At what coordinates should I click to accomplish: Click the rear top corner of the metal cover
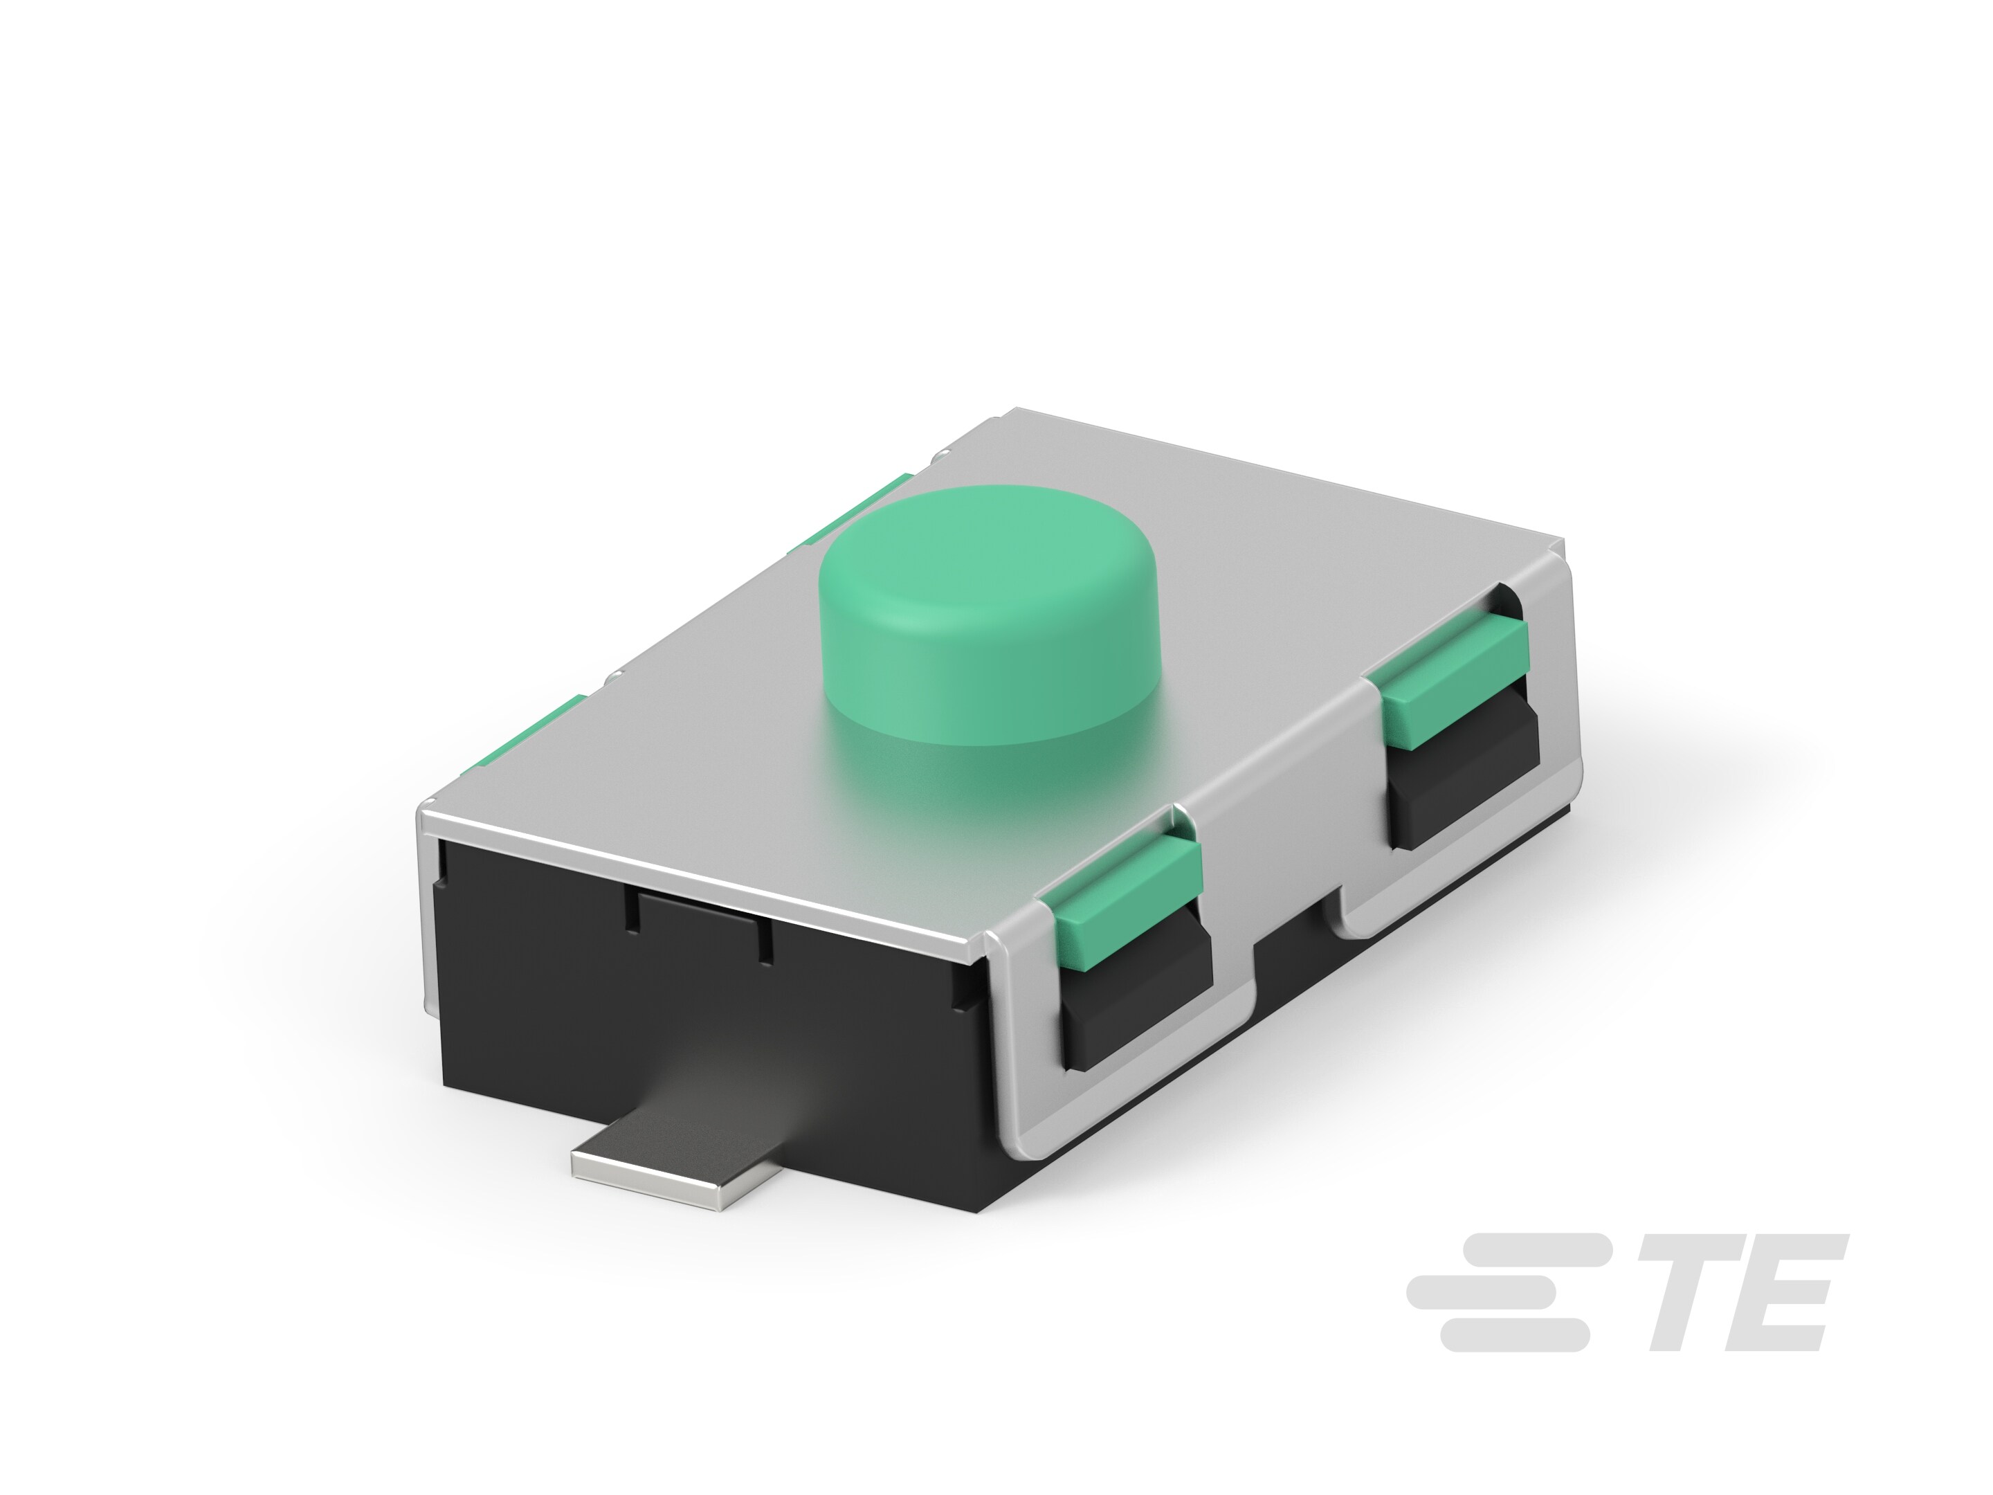1014,415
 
